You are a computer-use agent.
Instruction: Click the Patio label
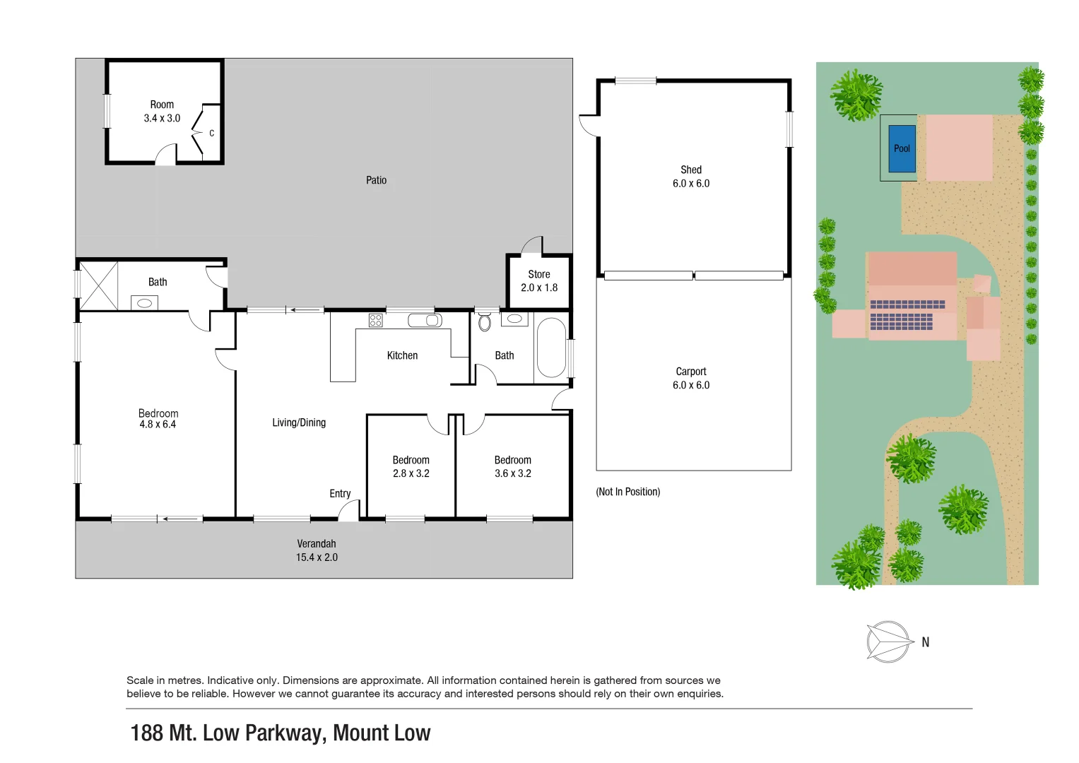click(x=376, y=180)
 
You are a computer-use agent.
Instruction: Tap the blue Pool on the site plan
click(x=902, y=148)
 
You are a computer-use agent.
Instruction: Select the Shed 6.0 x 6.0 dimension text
click(x=690, y=184)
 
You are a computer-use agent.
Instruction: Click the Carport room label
click(x=690, y=372)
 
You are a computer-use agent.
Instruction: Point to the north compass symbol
click(x=889, y=641)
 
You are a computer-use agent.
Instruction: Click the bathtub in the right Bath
click(x=551, y=348)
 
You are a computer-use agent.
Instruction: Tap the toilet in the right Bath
click(x=485, y=322)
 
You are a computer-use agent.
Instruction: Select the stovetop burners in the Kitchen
click(x=375, y=321)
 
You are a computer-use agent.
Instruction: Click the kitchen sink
click(x=425, y=321)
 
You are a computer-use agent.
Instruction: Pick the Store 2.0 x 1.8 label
click(x=538, y=281)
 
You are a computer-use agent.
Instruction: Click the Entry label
click(x=340, y=494)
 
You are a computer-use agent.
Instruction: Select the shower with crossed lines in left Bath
click(x=98, y=286)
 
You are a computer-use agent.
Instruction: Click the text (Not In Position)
click(x=627, y=492)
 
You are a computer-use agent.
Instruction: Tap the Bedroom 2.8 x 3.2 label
click(x=411, y=466)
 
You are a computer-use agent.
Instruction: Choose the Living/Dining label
click(x=299, y=422)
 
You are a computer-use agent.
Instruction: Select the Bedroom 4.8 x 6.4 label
click(x=158, y=419)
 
